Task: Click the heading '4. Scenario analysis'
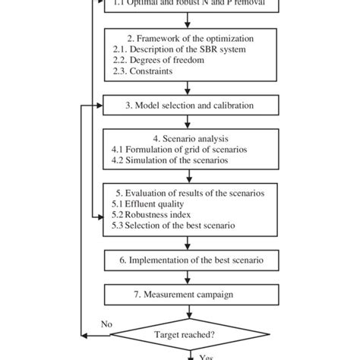click(x=188, y=139)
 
